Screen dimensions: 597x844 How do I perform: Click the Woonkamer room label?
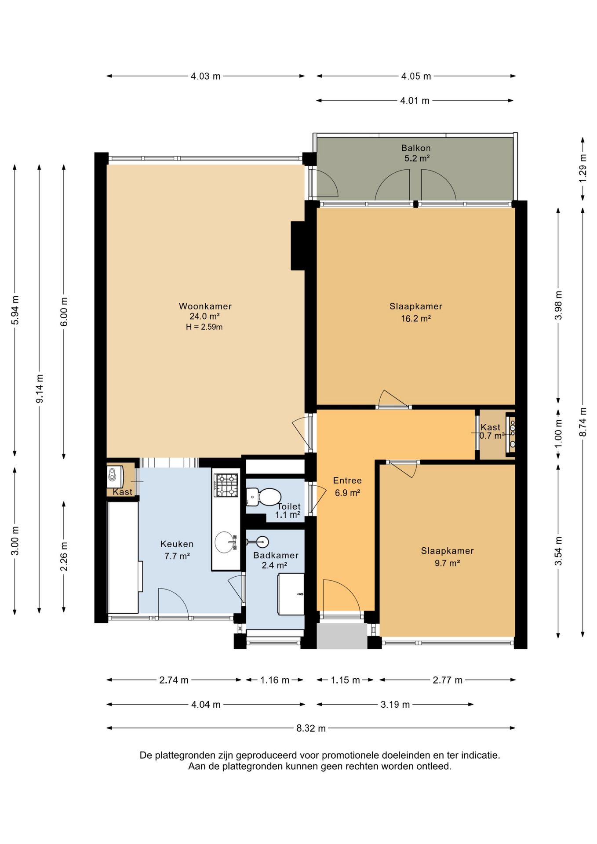point(205,306)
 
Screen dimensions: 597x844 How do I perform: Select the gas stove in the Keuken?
point(226,485)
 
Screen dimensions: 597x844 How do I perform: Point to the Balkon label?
point(416,148)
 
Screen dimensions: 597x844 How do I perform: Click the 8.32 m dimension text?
point(311,728)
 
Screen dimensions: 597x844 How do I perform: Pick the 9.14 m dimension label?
point(40,389)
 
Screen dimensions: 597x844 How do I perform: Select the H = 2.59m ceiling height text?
point(204,327)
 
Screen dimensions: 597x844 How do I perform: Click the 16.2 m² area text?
point(416,318)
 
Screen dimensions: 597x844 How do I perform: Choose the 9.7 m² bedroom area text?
point(448,563)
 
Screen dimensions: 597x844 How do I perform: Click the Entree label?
point(347,480)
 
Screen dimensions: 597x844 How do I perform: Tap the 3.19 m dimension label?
point(395,705)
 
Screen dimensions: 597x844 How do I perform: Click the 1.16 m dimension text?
point(275,680)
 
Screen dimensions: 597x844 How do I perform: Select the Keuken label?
point(177,544)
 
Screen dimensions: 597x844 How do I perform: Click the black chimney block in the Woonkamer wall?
point(298,246)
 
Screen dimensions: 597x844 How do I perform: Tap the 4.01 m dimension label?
point(415,101)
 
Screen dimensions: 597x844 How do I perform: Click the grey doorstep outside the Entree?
point(342,636)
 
